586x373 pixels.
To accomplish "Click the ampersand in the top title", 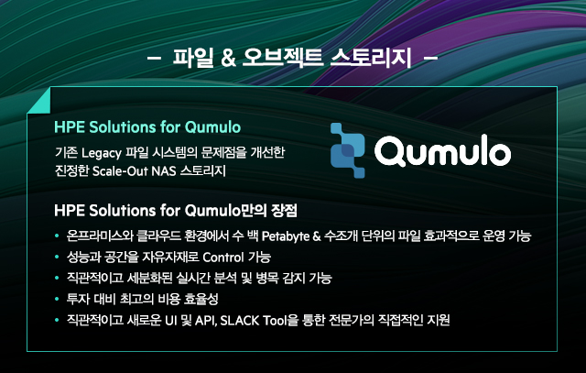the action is point(228,58).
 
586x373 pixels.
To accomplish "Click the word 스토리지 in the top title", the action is point(371,58).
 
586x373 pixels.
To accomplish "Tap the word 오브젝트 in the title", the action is point(283,58).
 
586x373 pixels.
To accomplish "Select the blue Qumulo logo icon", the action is point(348,150).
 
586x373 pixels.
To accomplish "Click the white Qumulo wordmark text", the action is point(442,150).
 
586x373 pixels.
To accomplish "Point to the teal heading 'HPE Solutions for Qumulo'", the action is point(147,127).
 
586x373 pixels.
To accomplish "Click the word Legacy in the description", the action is point(102,153).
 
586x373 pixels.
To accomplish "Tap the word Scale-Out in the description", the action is point(120,171).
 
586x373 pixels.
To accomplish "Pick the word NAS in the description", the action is point(164,171).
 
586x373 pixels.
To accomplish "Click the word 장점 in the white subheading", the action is point(285,210).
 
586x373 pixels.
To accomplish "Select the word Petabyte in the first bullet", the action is point(286,236).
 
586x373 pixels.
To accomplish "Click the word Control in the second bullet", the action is point(223,257).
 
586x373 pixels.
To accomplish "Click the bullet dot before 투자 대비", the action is point(57,299).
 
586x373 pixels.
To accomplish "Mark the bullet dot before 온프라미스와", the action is point(57,236).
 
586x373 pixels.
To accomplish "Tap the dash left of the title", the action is point(155,58).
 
